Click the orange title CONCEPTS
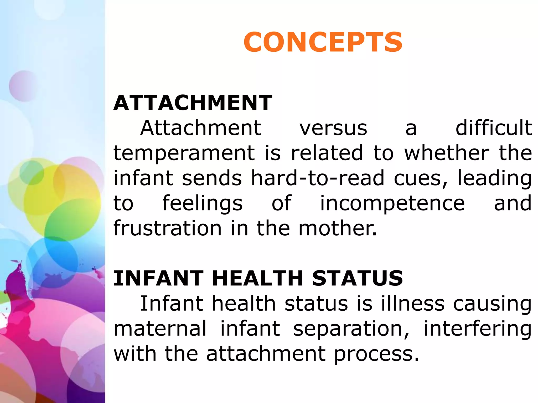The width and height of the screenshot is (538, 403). (x=323, y=42)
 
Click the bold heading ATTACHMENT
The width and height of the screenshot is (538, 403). (x=193, y=103)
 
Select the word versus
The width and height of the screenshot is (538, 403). (x=333, y=128)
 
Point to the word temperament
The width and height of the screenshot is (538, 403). (x=184, y=153)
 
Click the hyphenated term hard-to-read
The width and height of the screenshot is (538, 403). (x=318, y=178)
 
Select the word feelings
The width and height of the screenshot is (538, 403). (x=203, y=204)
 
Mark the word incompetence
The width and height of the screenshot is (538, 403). (x=392, y=204)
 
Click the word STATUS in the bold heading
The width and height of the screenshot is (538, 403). (x=357, y=278)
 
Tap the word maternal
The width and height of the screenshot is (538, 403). (x=160, y=329)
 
